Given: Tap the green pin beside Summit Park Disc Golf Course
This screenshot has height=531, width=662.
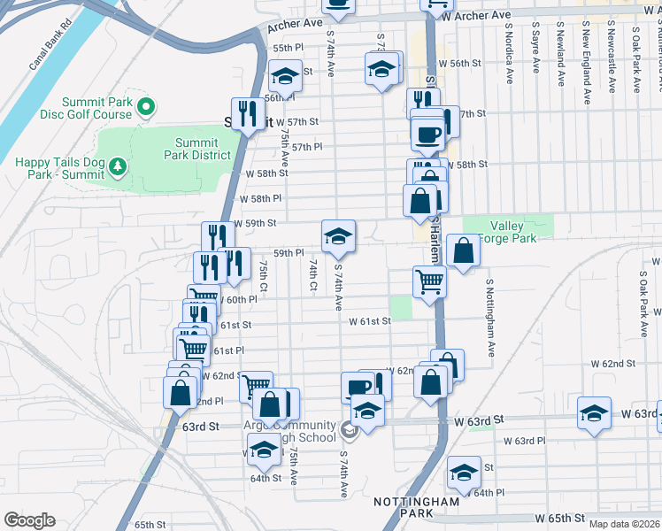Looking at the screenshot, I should click(x=147, y=107).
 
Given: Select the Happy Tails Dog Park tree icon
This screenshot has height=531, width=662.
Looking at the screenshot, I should click(x=115, y=165).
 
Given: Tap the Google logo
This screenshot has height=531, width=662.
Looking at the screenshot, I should click(x=29, y=519).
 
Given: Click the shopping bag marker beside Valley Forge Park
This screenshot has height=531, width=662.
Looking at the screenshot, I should click(x=463, y=251).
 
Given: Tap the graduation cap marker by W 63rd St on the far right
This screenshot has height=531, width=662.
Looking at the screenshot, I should click(x=595, y=413).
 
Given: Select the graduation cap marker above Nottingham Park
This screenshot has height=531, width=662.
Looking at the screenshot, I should click(x=463, y=473).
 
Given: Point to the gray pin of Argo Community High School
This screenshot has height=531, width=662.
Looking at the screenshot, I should click(x=349, y=431).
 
